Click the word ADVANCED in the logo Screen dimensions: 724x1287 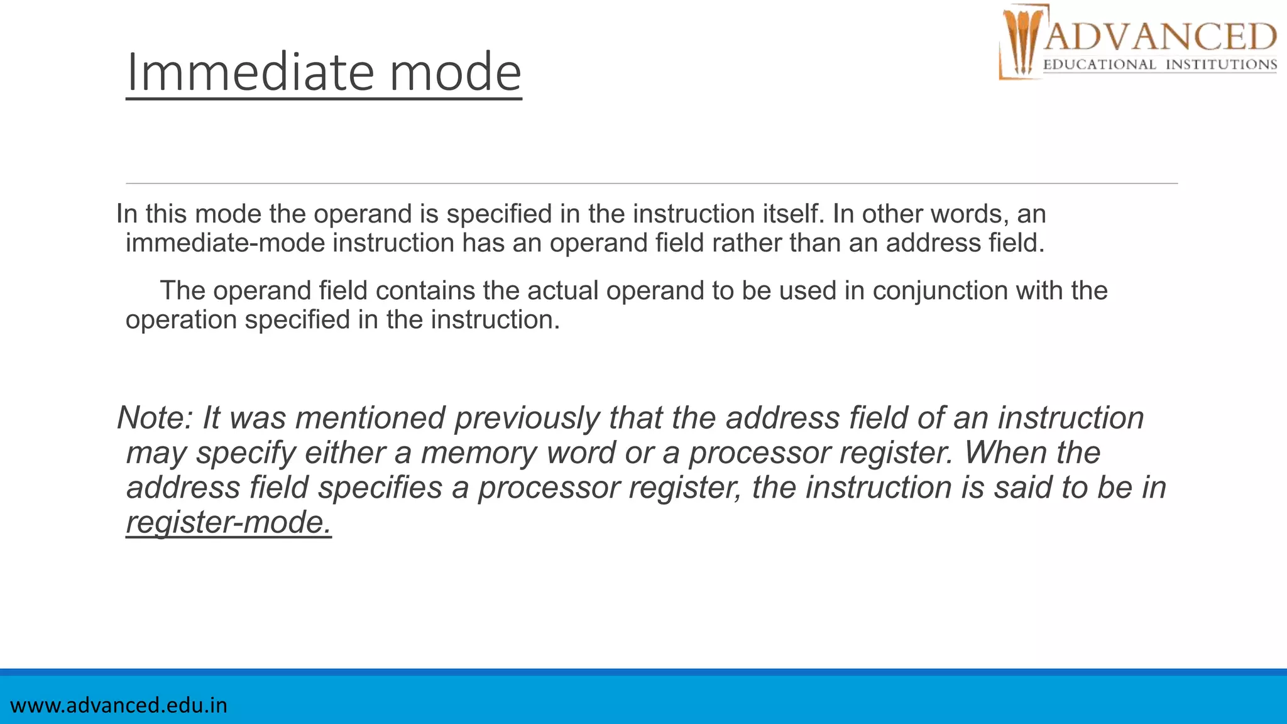tap(1160, 36)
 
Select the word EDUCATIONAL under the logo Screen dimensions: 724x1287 tap(1099, 65)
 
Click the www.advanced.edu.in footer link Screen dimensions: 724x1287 tap(119, 705)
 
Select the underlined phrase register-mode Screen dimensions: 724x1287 tap(229, 522)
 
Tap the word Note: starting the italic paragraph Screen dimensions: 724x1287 tap(155, 418)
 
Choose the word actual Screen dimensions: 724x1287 tap(562, 291)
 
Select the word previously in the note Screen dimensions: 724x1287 tap(527, 419)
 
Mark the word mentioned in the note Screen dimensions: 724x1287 tap(371, 418)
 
